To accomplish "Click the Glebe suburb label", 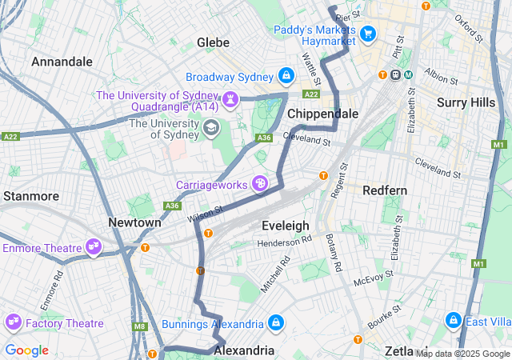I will coord(214,42).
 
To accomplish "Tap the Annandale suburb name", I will coord(62,61).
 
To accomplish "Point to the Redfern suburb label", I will coord(385,190).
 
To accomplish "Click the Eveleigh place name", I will coord(286,226).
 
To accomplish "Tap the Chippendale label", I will coord(322,114).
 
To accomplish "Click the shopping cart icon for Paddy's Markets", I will coord(368,33).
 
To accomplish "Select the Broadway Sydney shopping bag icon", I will coord(285,76).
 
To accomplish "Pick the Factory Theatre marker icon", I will coord(13,322).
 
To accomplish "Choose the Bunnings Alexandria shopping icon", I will coord(275,323).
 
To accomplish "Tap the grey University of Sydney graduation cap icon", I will coord(210,126).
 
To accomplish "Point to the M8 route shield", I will coord(141,326).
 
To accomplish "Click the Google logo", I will coord(26,350).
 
